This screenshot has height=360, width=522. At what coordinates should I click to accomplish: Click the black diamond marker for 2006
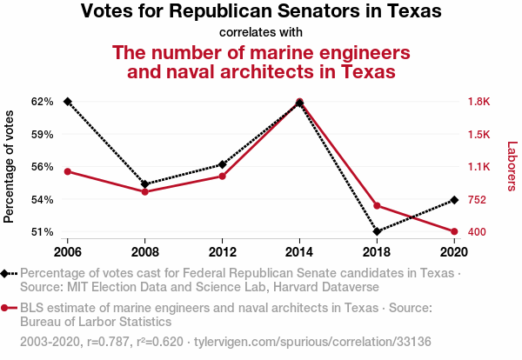68,102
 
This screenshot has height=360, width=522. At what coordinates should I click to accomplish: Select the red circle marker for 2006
68,171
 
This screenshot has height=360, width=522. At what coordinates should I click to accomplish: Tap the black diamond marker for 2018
377,231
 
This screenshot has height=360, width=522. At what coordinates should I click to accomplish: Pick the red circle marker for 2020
454,231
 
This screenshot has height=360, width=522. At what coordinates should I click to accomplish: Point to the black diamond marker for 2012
223,164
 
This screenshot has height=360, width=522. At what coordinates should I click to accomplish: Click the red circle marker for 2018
377,205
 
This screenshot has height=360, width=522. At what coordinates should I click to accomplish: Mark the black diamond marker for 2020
454,201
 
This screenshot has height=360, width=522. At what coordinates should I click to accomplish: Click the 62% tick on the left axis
43,102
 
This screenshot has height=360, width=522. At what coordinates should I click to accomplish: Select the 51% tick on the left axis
43,232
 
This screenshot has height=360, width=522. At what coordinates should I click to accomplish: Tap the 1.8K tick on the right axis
480,102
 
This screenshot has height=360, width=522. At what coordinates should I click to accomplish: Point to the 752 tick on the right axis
478,200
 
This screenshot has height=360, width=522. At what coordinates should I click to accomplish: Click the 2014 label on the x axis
299,252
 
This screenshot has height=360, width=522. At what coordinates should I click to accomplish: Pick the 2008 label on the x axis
145,252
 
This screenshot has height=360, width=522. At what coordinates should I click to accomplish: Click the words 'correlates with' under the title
261,33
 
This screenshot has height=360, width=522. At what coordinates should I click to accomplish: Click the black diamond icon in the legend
6,273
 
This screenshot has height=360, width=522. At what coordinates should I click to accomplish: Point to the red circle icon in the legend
6,308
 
